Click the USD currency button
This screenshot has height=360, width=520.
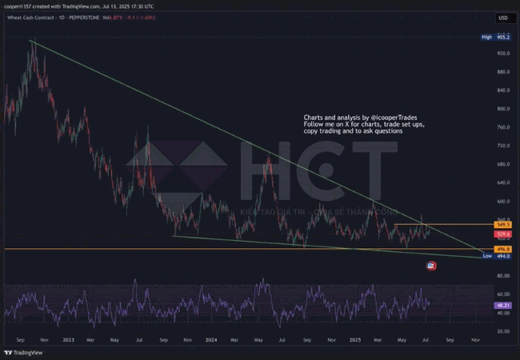coord(502,18)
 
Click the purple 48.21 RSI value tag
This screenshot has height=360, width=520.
coord(503,305)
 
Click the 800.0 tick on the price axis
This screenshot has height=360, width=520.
coord(503,109)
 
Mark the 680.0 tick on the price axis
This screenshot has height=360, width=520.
coord(503,165)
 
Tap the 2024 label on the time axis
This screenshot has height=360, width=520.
coord(210,339)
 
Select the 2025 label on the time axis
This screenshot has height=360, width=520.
coord(356,339)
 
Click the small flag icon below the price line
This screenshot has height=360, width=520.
coord(432,266)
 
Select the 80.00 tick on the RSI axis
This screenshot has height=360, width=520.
coord(503,276)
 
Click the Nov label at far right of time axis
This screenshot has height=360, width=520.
coord(476,339)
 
